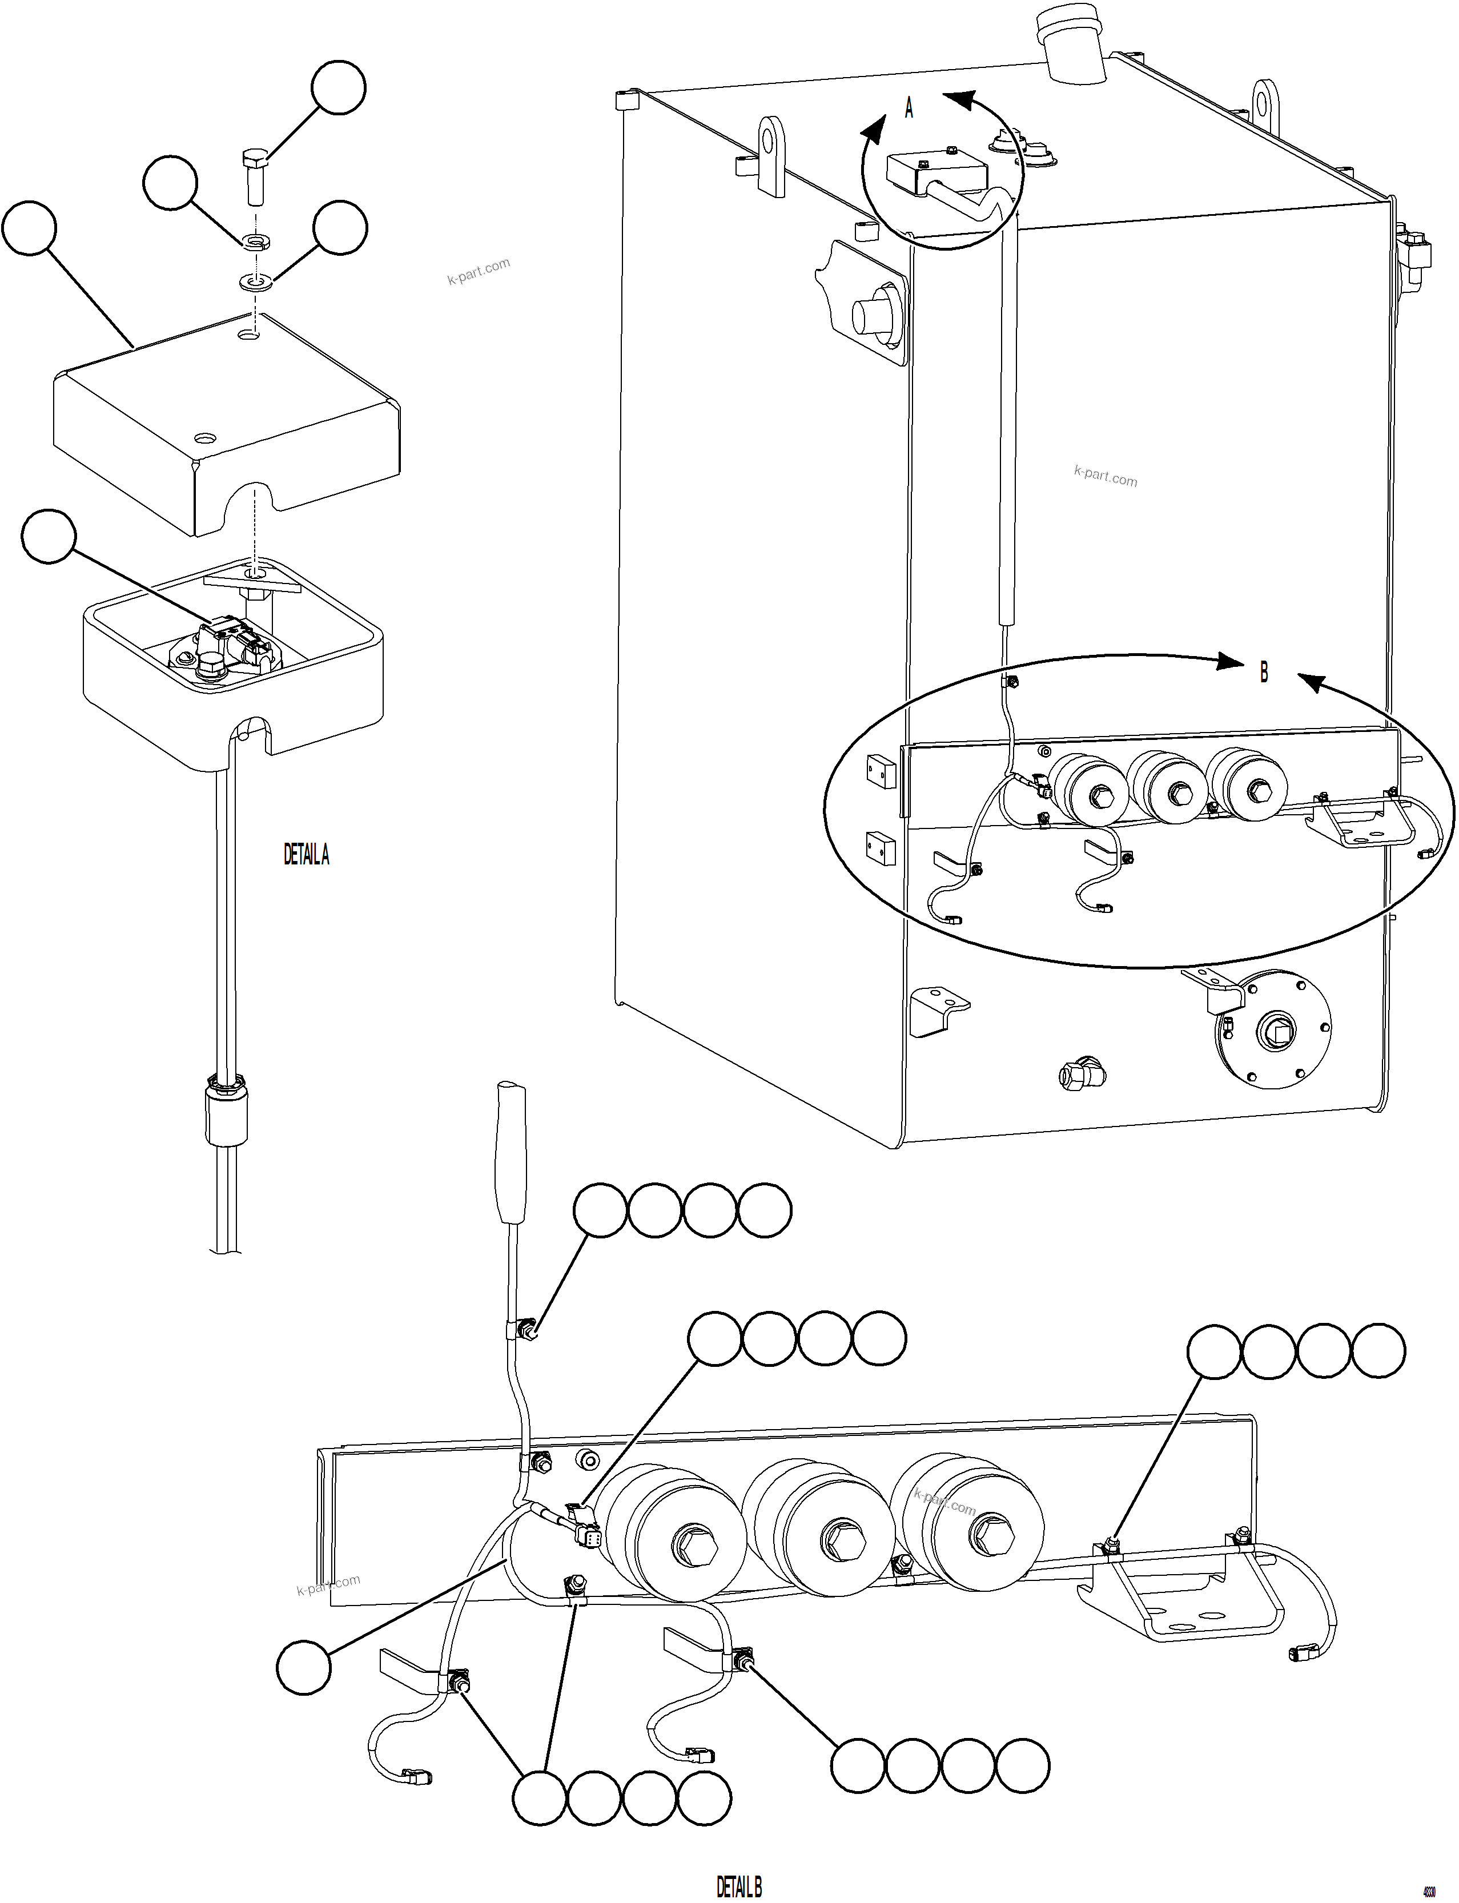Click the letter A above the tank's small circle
click(x=909, y=108)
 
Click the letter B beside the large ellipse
click(x=1264, y=672)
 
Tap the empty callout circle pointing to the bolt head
click(x=339, y=87)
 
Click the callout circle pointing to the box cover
click(x=30, y=228)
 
